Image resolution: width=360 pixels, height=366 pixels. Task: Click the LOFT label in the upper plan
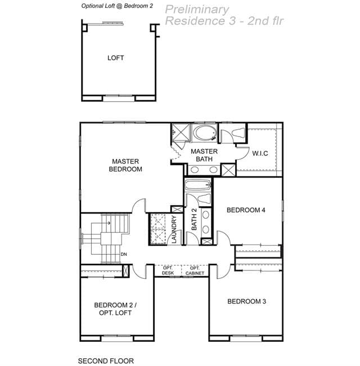coord(115,58)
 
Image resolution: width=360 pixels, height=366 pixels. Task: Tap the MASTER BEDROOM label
coord(125,165)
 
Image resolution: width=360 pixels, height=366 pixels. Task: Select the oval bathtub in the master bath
coord(205,133)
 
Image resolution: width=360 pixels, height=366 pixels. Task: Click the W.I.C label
coord(260,153)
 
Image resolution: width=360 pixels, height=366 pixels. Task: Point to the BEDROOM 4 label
coord(246,210)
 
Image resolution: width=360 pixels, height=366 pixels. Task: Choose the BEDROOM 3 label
coord(246,301)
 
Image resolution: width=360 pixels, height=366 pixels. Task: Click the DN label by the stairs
coord(124,254)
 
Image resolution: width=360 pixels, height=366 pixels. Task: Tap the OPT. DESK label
coord(168,270)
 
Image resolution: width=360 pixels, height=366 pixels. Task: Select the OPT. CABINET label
coord(195,270)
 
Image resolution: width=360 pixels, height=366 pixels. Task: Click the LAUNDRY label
coord(174,229)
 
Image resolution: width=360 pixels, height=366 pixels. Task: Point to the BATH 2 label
coord(194,219)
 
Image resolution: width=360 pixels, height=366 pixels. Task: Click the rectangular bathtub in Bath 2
coord(198,186)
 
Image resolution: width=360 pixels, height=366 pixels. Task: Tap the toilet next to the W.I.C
coord(238,133)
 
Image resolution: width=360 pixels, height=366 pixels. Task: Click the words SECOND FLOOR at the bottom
coord(106,361)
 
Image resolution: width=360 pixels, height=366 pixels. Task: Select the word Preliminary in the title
coord(197,10)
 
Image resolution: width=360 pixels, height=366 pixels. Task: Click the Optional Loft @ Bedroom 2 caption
coord(117,6)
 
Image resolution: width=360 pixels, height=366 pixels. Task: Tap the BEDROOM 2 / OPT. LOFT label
coord(115,309)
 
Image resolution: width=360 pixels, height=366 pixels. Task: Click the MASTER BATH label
coord(204,155)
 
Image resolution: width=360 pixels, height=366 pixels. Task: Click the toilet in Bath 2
coord(205,198)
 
